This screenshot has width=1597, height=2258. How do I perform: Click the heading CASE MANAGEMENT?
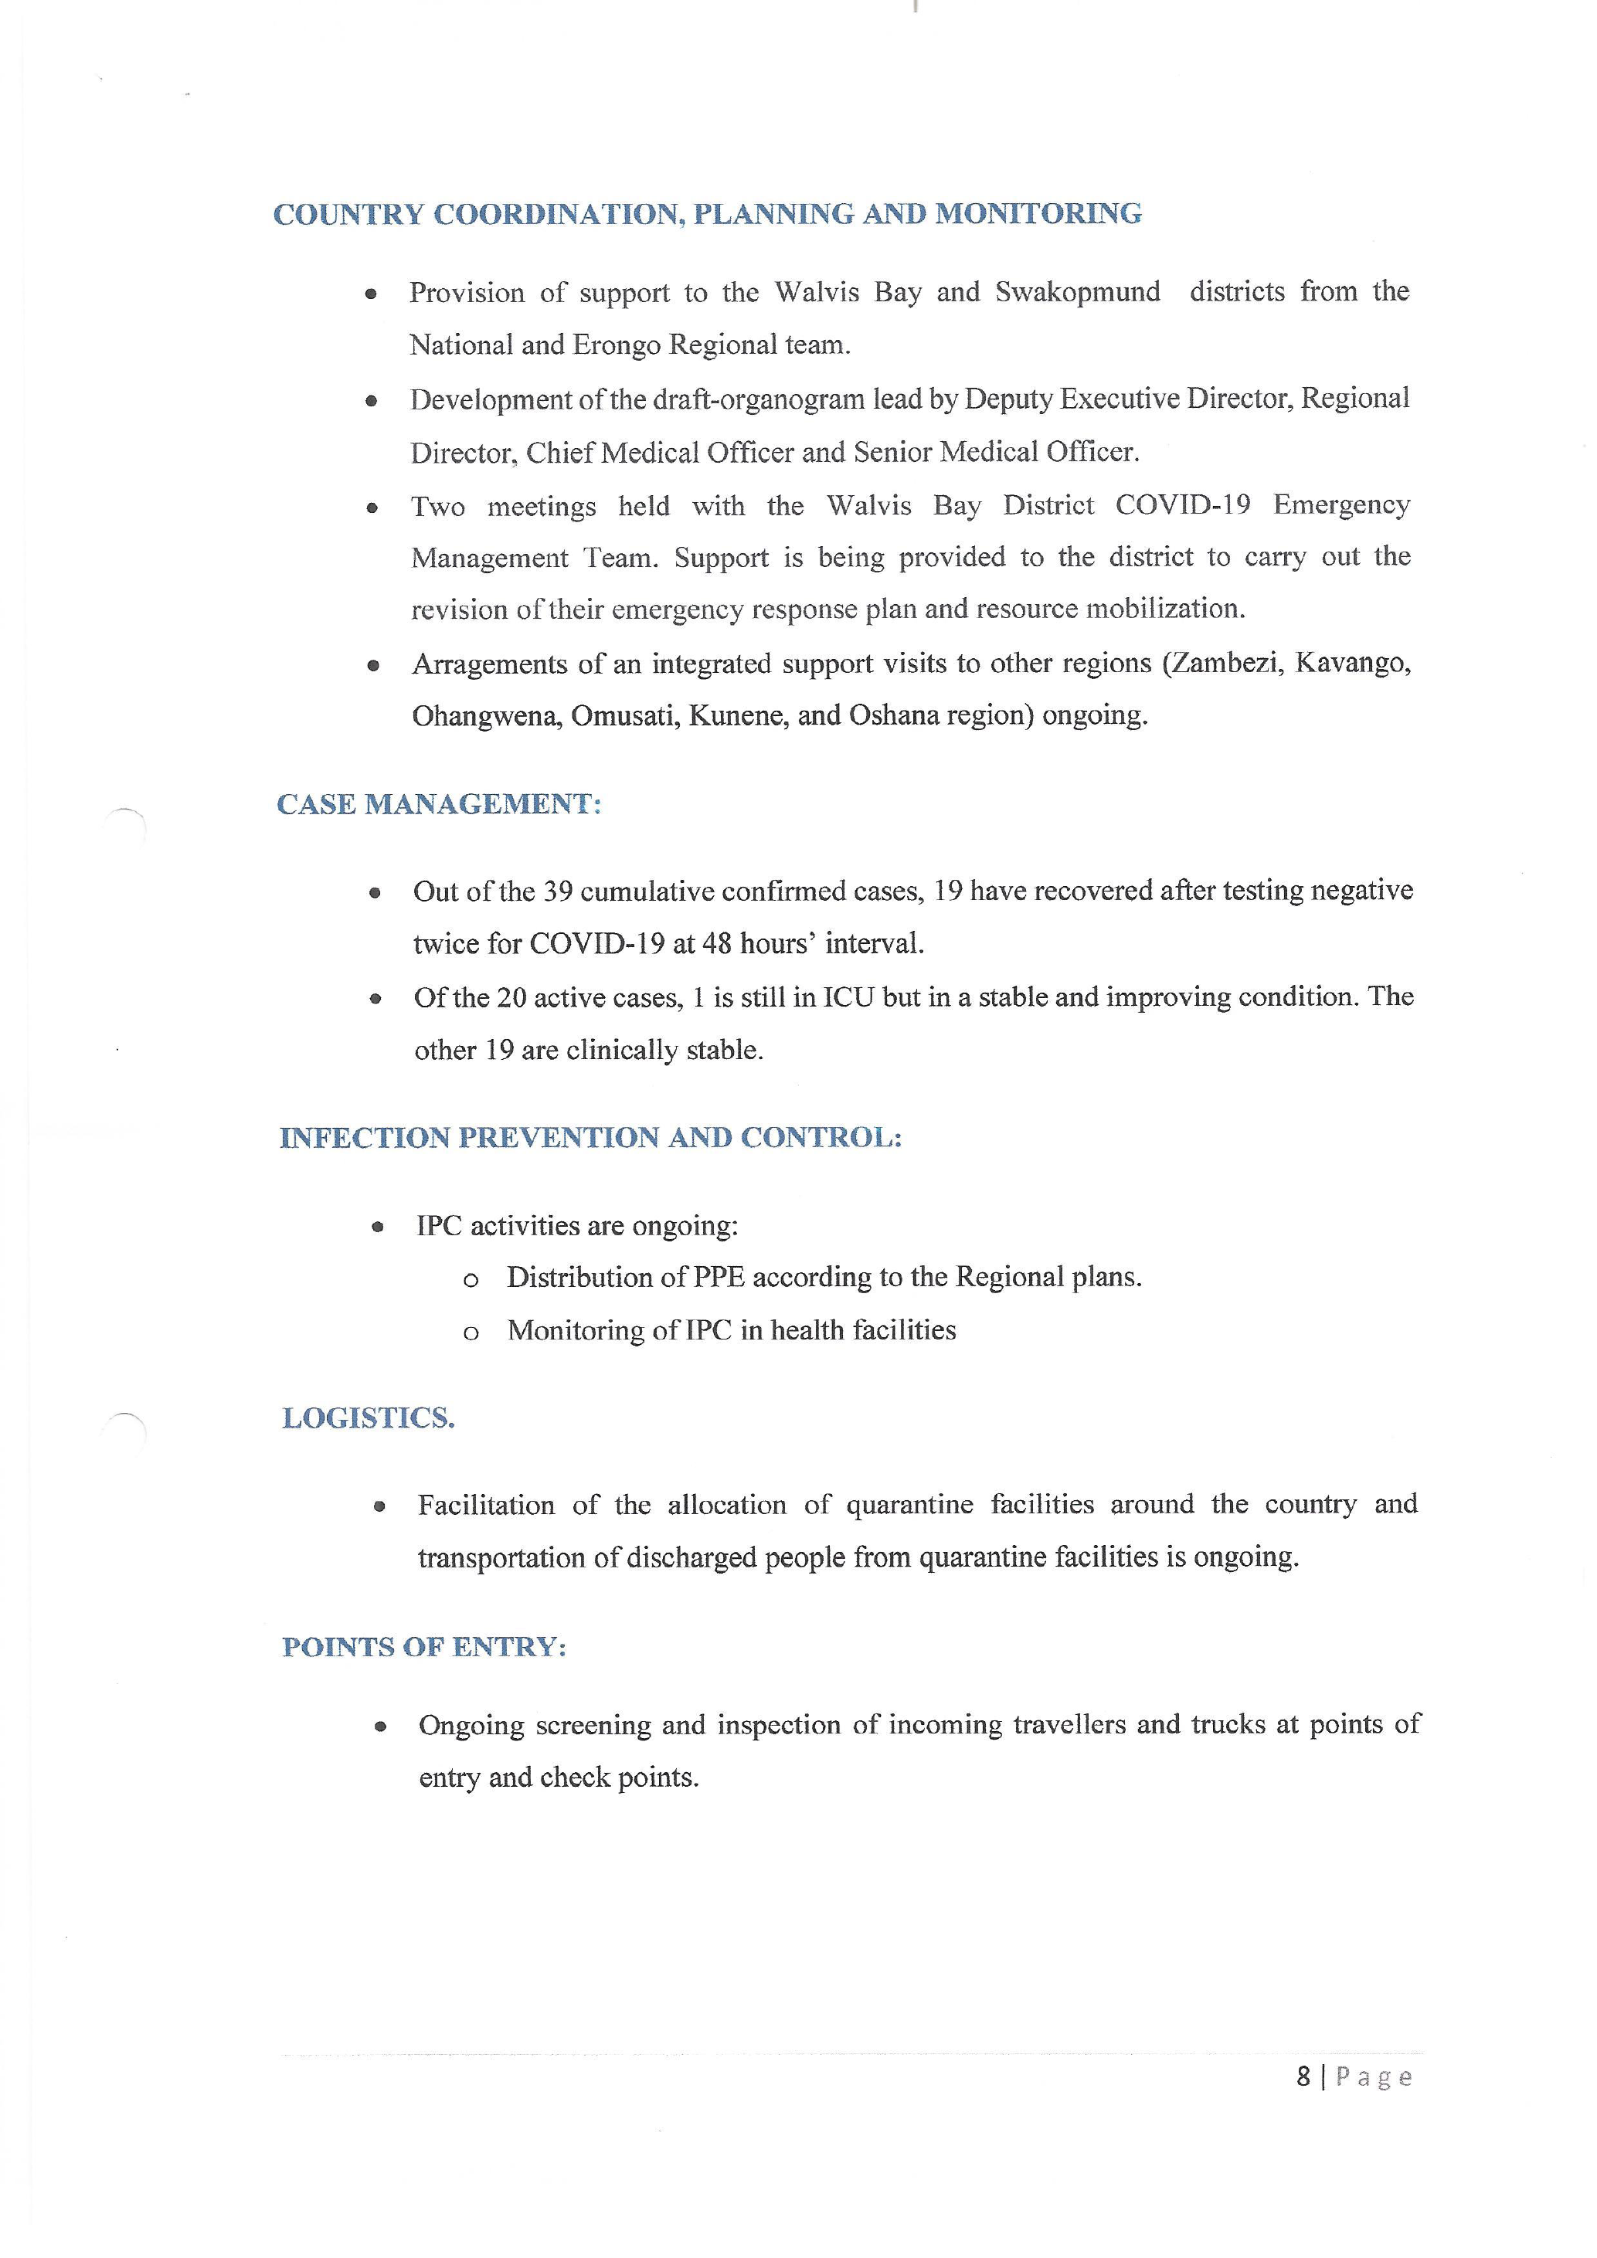point(439,804)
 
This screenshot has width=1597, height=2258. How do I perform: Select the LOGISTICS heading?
point(369,1418)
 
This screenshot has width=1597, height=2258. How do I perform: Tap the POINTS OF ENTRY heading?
point(424,1647)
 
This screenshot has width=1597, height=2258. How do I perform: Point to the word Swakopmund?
point(1078,292)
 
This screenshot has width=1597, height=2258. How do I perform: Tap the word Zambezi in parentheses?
point(1227,663)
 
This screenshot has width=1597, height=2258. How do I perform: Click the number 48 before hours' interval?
point(717,944)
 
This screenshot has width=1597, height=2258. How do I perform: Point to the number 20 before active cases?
point(511,998)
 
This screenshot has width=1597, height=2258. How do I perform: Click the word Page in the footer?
point(1374,2077)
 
